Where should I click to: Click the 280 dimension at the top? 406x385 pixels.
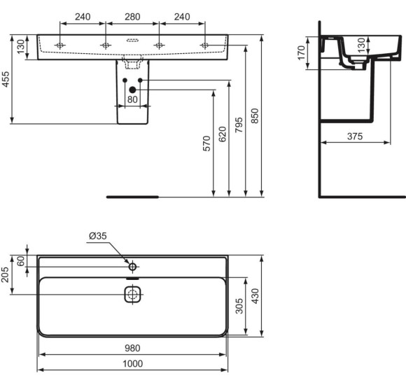click(x=132, y=15)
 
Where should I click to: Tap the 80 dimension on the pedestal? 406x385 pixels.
click(x=132, y=99)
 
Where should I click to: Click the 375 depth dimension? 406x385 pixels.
click(x=354, y=136)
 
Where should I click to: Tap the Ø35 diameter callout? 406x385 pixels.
click(x=97, y=237)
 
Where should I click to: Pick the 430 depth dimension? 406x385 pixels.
click(x=256, y=295)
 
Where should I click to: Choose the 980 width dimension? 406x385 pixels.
click(x=132, y=348)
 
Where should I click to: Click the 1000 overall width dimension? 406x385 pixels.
click(x=132, y=364)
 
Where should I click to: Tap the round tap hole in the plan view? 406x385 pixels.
click(x=132, y=266)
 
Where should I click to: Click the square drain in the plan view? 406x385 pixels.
click(x=132, y=295)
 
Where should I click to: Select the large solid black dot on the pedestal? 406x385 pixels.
click(x=132, y=89)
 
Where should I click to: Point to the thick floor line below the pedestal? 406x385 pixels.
click(x=132, y=197)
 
